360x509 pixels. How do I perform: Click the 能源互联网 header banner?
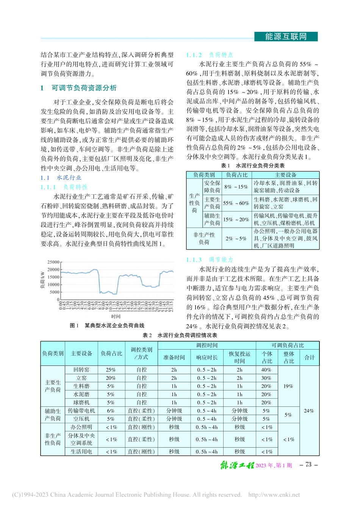point(286,37)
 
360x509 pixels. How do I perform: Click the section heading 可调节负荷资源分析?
point(84,88)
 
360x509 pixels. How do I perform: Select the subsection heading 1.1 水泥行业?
point(61,178)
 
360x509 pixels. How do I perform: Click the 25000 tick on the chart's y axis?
point(53,262)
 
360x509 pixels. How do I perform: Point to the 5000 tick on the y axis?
point(55,292)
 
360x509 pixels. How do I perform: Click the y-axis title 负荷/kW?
point(42,280)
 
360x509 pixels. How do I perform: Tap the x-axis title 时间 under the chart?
point(116,316)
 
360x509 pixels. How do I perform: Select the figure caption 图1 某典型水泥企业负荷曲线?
point(107,325)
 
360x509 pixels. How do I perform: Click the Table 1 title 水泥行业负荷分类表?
point(253,166)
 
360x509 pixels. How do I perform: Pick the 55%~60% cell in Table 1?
point(236,203)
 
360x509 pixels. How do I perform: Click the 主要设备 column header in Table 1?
point(286,175)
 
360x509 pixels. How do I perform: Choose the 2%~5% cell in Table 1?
point(236,239)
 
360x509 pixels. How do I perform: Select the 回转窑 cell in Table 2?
point(81,370)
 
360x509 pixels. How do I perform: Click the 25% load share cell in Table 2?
point(111,370)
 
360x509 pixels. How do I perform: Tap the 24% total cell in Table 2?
point(309,411)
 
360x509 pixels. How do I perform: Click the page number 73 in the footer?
point(308,465)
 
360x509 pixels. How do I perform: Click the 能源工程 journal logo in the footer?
point(237,465)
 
